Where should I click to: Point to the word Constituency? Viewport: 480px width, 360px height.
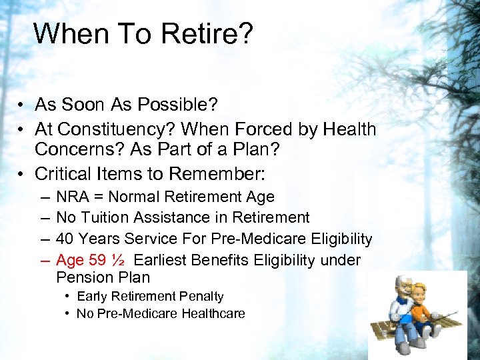tap(118, 129)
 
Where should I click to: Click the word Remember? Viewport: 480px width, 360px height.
tap(217, 174)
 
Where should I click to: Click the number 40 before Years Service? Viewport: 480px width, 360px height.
tap(65, 239)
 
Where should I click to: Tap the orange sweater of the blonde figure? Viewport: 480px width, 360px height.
tap(420, 311)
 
